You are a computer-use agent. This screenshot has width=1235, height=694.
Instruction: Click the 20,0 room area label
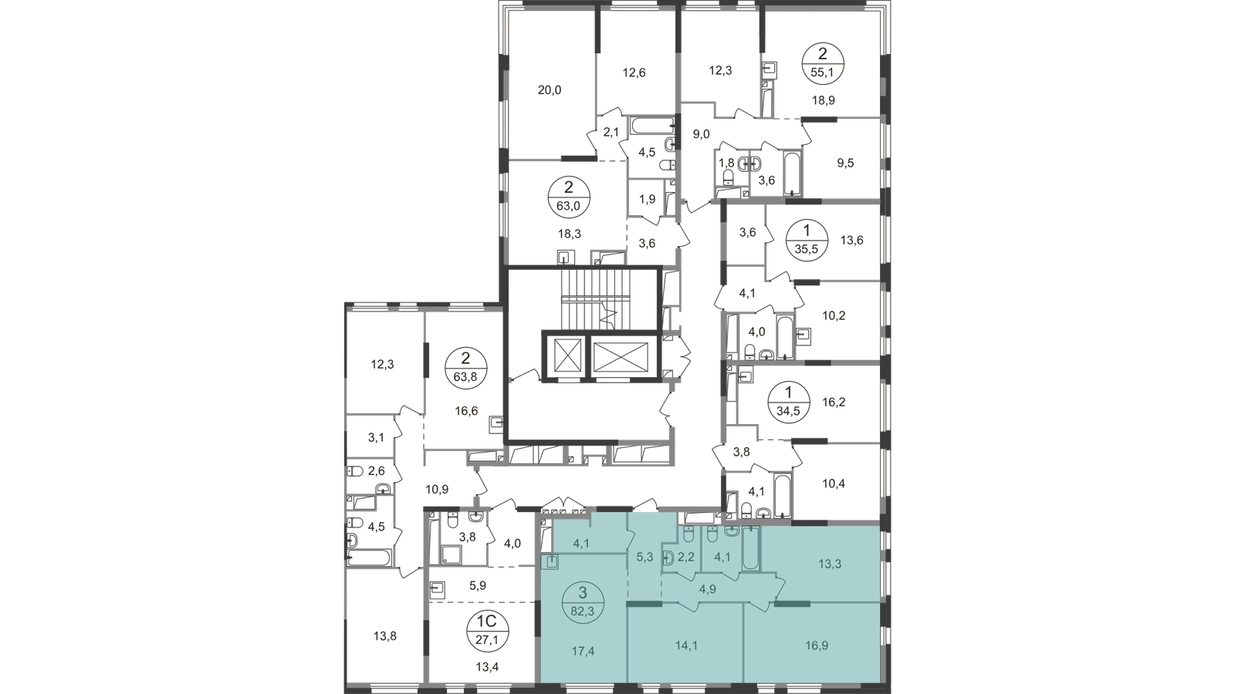pos(549,89)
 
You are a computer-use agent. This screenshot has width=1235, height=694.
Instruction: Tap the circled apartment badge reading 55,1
pos(823,63)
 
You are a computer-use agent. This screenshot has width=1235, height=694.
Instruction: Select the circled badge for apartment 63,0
pos(569,197)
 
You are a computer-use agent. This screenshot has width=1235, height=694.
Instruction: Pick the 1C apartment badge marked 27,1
pos(487,632)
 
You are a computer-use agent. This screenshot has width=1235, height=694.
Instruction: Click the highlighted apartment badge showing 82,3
pos(584,602)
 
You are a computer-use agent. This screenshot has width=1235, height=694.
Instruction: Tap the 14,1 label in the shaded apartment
pos(686,645)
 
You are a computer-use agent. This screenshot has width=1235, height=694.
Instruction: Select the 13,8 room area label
pos(385,636)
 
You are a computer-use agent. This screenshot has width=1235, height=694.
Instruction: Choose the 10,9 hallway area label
pos(437,489)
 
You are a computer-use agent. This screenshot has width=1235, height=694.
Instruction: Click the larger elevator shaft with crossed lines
pos(621,358)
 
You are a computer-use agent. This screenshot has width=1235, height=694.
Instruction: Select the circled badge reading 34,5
pos(788,402)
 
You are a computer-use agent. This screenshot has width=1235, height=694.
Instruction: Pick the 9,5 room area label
pos(845,163)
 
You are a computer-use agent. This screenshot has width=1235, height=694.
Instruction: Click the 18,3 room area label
pos(570,234)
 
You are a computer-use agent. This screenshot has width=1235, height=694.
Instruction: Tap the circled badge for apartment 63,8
pos(466,368)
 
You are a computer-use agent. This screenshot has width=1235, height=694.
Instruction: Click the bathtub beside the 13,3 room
pos(751,548)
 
